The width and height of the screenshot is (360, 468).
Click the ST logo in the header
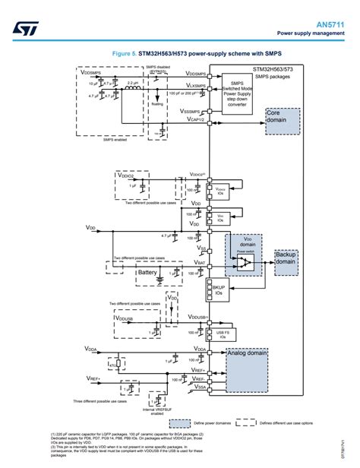point(21,28)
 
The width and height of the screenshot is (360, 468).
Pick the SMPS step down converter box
point(237,94)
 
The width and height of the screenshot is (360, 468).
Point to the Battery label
point(147,272)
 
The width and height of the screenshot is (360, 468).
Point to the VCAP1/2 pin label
point(194,120)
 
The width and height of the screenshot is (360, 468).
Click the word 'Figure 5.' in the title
point(125,55)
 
